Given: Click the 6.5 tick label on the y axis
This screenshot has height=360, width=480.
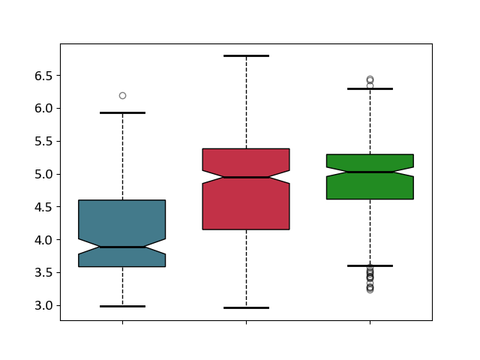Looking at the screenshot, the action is click(43, 76).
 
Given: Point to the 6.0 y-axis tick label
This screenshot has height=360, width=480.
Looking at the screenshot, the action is click(43, 109).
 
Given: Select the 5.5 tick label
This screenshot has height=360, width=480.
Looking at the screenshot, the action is click(43, 142).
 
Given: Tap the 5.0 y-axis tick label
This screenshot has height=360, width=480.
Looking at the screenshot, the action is click(43, 174).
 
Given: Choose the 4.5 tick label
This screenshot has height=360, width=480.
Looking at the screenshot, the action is click(43, 207).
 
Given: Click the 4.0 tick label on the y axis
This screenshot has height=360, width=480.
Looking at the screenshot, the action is click(43, 240).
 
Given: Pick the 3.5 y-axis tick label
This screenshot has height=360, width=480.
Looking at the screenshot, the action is click(43, 273).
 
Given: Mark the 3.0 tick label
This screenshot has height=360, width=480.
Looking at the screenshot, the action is click(43, 305).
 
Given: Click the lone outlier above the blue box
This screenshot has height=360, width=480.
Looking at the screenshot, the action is click(122, 96).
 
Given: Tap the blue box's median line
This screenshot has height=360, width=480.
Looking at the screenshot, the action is click(122, 247).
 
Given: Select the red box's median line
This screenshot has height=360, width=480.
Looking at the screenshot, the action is click(246, 177).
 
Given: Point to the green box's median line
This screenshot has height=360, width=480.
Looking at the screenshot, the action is click(370, 172).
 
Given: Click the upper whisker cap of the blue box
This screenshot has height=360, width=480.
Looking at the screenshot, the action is click(122, 113).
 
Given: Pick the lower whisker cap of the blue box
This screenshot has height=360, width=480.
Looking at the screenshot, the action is click(122, 306).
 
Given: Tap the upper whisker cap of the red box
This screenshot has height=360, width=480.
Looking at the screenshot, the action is click(246, 56).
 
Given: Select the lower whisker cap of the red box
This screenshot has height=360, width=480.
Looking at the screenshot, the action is click(246, 308).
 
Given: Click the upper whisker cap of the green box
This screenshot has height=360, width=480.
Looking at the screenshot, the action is click(370, 88).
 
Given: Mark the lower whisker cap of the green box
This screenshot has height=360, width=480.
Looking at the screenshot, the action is click(370, 265).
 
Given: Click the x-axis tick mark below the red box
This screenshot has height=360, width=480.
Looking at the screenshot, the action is click(246, 322).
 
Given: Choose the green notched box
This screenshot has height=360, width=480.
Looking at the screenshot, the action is click(370, 177).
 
